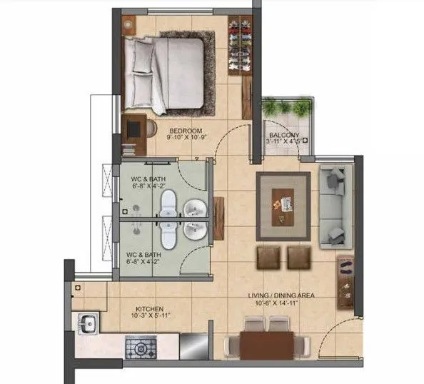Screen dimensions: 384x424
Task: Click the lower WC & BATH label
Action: tap(143, 254)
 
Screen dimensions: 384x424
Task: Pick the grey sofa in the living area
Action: tap(333, 206)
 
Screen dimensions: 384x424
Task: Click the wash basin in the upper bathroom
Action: tap(193, 208)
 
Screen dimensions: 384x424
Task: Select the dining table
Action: tap(267, 345)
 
